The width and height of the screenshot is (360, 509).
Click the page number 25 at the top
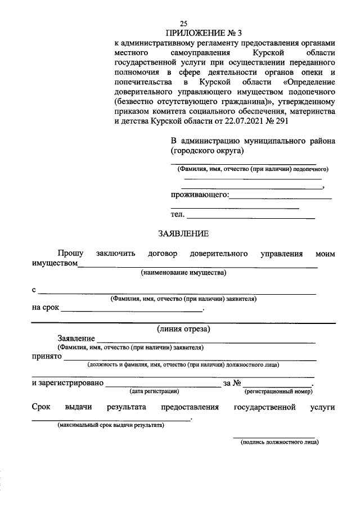pos(183,23)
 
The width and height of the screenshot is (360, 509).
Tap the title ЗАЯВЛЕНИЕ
pos(183,233)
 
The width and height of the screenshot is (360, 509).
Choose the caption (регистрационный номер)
pos(278,390)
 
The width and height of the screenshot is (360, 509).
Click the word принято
pos(46,357)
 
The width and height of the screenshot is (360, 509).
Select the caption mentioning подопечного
pos(253,169)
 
